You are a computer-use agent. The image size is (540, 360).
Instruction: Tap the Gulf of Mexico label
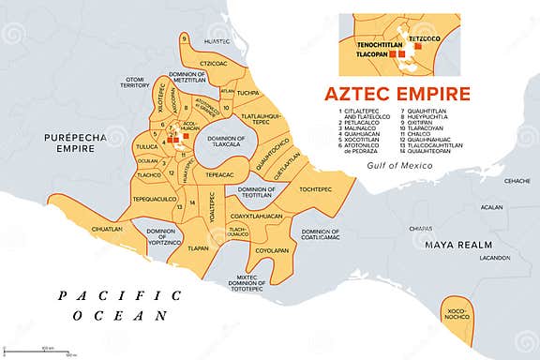pyautogui.click(x=400, y=165)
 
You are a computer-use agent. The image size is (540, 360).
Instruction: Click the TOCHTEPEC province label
pyautogui.click(x=315, y=188)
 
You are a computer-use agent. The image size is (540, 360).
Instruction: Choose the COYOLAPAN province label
pyautogui.click(x=272, y=250)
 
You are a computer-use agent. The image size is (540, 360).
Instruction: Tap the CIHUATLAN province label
pyautogui.click(x=107, y=228)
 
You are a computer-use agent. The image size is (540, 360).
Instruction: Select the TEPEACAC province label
pyautogui.click(x=219, y=174)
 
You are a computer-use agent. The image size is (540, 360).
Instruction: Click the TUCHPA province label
pyautogui.click(x=247, y=94)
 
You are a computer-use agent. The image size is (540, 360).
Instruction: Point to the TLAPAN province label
pyautogui.click(x=199, y=248)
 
